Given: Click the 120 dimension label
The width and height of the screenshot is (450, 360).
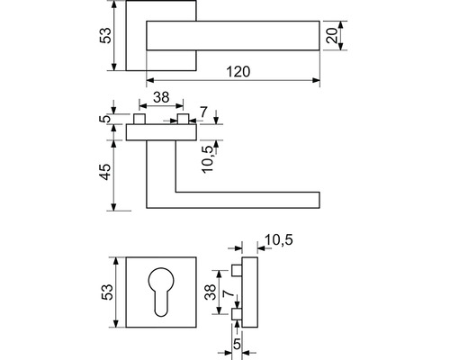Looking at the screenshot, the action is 238,72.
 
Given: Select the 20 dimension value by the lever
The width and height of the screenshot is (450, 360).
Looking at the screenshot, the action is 332,36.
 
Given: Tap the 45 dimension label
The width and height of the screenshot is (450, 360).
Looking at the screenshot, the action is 105,172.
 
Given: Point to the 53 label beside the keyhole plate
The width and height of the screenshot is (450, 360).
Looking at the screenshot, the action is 107,292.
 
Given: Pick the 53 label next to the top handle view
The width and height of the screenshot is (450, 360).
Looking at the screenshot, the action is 105,35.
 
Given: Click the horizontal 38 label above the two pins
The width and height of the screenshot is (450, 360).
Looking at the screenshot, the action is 161,97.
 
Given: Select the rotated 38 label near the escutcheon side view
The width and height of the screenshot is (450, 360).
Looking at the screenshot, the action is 211,292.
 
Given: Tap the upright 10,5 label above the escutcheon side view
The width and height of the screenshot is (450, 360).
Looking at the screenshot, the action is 279,240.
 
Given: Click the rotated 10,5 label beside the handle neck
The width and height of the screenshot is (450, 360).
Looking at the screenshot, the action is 208,159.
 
